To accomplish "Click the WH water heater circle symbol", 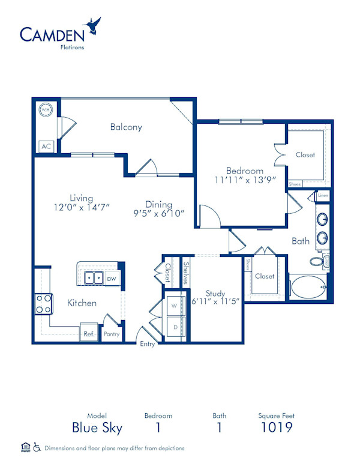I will pyautogui.click(x=46, y=110).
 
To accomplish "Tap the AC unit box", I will pyautogui.click(x=46, y=146).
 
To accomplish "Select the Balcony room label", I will pyautogui.click(x=126, y=127).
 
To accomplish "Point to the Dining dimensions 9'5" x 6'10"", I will pyautogui.click(x=158, y=213).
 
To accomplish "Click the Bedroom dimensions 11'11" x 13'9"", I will pyautogui.click(x=245, y=179).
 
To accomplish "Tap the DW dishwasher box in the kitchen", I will pyautogui.click(x=112, y=279).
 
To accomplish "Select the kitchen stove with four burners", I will pyautogui.click(x=44, y=303).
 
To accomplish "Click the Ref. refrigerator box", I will pyautogui.click(x=89, y=334).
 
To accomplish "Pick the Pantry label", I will pyautogui.click(x=112, y=334).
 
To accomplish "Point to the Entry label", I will pyautogui.click(x=148, y=344).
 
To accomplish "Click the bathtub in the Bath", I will pyautogui.click(x=308, y=286).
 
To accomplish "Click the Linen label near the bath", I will pyautogui.click(x=323, y=196).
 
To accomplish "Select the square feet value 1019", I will pyautogui.click(x=277, y=428).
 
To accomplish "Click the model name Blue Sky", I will pyautogui.click(x=97, y=428).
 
